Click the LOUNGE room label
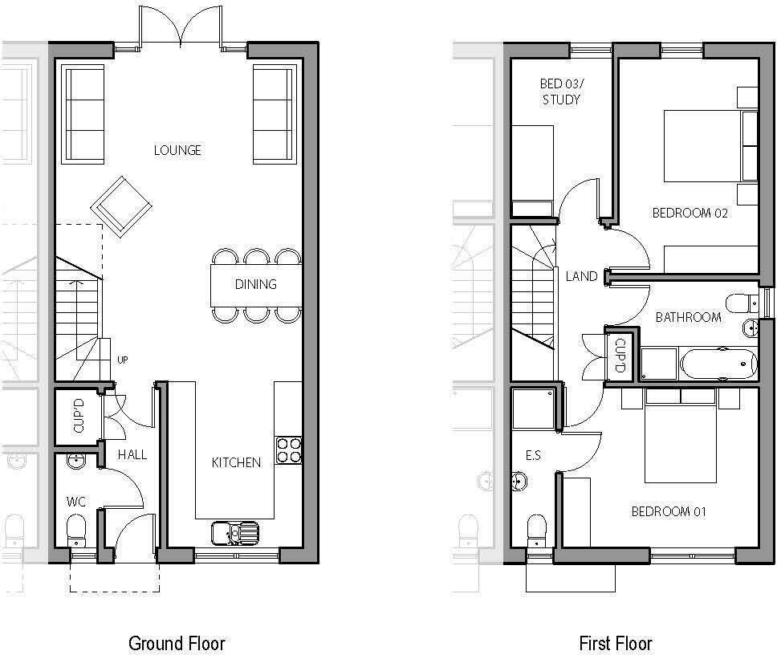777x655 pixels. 177,150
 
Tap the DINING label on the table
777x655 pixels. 255,284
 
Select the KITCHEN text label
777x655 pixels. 236,462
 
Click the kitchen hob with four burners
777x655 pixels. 288,450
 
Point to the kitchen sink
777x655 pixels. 236,532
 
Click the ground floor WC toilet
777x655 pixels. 77,530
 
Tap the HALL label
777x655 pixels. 132,454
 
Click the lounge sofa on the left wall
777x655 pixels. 83,115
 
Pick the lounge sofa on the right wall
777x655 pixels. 274,115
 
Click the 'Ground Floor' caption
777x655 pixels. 177,643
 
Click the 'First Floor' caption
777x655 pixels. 616,643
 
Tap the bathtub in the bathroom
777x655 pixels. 718,364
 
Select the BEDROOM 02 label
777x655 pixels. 690,213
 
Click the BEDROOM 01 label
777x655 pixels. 669,511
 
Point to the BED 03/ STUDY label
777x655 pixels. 560,92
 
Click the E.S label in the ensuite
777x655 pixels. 533,455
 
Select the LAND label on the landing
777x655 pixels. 581,276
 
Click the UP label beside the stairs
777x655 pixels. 123,360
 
